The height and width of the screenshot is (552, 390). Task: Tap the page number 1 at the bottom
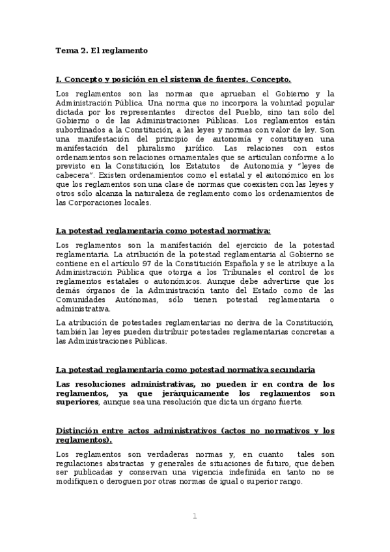click(194, 516)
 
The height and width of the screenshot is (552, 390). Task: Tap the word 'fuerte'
click(288, 402)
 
